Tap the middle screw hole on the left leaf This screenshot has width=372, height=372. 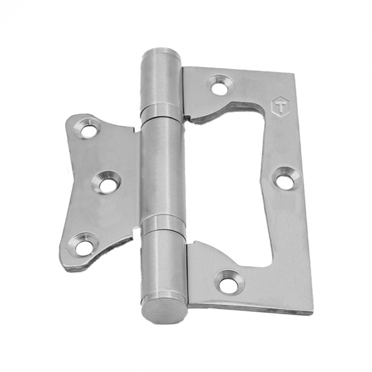point(106,184)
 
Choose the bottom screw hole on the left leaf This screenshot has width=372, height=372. point(83,245)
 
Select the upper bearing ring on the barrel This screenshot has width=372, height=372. point(162,111)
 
